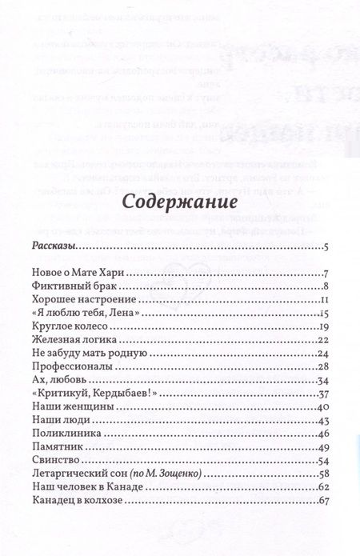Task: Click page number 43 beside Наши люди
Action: (x=324, y=421)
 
